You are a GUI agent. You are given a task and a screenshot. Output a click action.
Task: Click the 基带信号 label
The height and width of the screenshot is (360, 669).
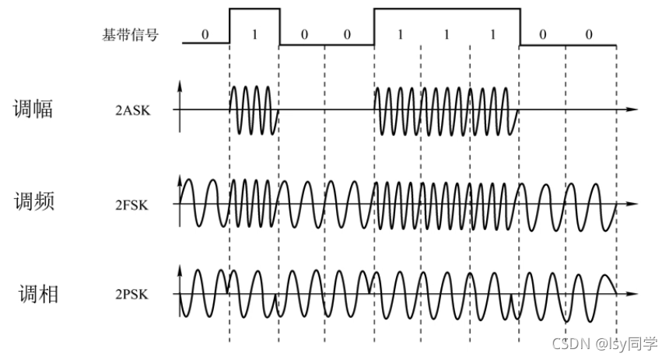point(130,35)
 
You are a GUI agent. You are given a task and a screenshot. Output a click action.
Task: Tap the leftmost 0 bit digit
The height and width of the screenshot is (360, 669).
point(205,35)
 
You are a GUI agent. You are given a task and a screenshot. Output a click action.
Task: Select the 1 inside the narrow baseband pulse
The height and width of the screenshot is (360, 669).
point(254,35)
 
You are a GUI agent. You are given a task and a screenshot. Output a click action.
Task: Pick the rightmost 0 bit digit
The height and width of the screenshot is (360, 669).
point(589,35)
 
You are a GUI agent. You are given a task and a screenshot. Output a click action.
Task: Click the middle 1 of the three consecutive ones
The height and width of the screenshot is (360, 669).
point(447,35)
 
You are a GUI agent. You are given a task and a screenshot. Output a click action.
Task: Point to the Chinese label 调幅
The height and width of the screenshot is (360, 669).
point(33,108)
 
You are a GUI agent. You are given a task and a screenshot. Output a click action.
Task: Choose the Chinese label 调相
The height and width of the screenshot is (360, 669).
point(37,295)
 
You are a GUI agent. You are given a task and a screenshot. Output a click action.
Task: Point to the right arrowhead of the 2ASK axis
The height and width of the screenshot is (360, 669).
point(634,110)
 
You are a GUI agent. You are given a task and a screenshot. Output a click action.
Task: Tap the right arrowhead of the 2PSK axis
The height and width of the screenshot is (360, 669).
point(634,295)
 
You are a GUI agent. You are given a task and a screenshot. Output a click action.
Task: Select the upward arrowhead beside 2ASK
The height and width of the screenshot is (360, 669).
point(180,83)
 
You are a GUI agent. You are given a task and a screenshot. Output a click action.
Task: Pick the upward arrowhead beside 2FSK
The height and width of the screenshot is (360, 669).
point(180,177)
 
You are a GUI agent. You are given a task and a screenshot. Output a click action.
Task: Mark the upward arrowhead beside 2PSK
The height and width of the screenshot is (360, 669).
point(180,270)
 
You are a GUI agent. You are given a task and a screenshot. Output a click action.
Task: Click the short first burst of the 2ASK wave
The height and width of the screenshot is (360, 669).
point(254,110)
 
